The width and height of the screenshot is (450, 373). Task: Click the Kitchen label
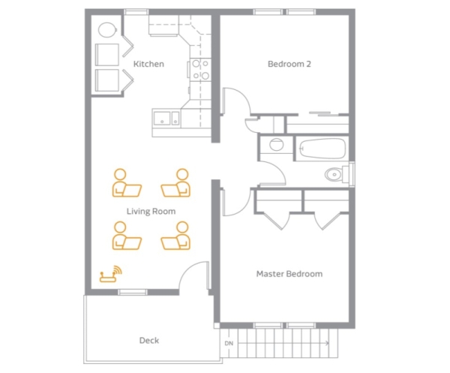pos(148,64)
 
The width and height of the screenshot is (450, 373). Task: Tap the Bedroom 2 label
pos(289,64)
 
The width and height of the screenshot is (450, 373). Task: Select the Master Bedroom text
pos(289,274)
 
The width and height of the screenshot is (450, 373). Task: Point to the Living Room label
pos(151,212)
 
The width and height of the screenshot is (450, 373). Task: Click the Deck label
pos(149,340)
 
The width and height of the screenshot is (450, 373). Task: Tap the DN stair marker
pos(229,343)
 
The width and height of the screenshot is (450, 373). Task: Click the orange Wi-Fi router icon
pos(110,274)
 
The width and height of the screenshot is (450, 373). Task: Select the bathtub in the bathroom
pos(322,149)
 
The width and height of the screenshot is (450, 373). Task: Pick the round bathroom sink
pos(277,144)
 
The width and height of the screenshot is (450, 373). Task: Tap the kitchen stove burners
pos(200,69)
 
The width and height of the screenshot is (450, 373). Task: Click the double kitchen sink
pos(166,118)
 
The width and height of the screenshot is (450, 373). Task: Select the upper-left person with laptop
pos(126,183)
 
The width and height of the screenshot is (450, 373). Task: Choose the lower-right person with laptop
pos(175,236)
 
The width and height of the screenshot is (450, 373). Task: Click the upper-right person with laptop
pos(175,183)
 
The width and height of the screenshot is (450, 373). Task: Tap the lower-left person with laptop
pos(126,236)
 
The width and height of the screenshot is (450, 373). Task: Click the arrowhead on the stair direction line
pos(327,343)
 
